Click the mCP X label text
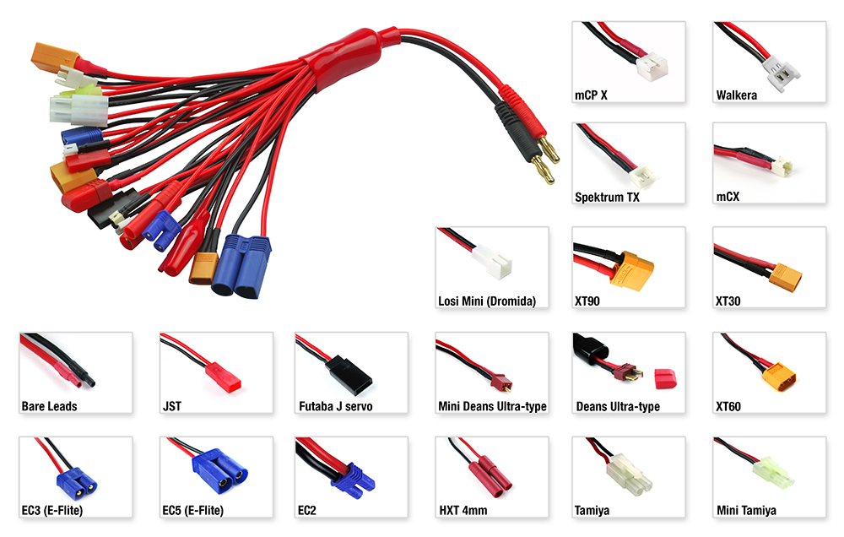(591, 95)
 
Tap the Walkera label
(736, 95)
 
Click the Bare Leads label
(49, 406)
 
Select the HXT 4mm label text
(463, 511)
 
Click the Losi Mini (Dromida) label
(487, 301)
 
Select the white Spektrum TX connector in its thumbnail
(645, 173)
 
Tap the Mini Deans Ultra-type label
(492, 406)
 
